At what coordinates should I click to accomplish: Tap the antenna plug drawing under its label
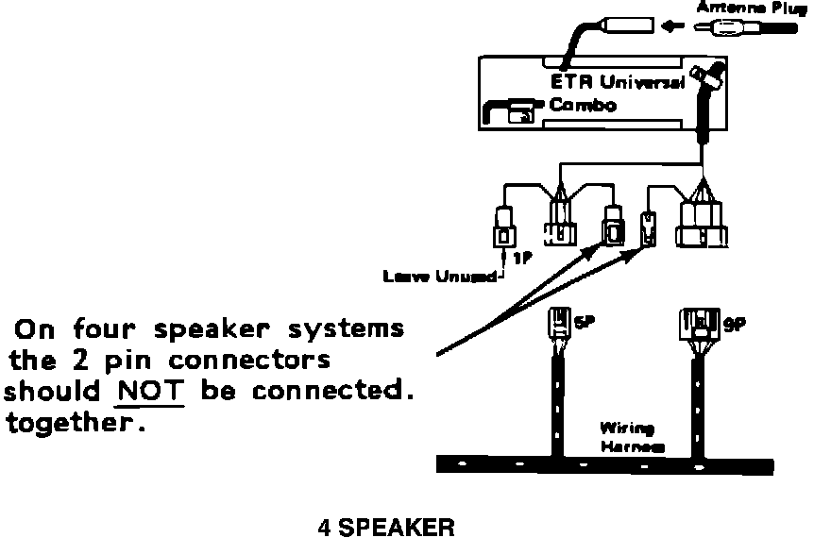pyautogui.click(x=746, y=28)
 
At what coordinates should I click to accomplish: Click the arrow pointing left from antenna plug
pyautogui.click(x=671, y=26)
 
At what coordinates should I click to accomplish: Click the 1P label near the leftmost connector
pyautogui.click(x=521, y=256)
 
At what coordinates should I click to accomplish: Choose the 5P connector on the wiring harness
pyautogui.click(x=560, y=327)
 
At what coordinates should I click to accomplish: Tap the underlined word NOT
pyautogui.click(x=150, y=390)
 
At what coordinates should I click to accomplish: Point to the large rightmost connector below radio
pyautogui.click(x=703, y=226)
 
